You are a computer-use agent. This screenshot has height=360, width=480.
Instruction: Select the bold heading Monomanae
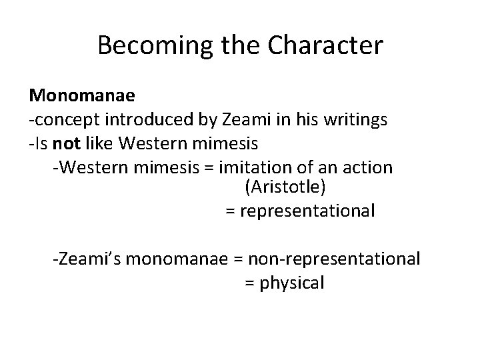click(82, 95)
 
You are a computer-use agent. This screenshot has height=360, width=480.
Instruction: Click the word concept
click(63, 119)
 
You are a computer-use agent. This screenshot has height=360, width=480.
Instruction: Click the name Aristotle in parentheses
click(285, 188)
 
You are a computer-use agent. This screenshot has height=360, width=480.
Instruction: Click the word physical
click(292, 282)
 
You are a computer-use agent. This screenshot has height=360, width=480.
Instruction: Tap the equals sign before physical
click(249, 282)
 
